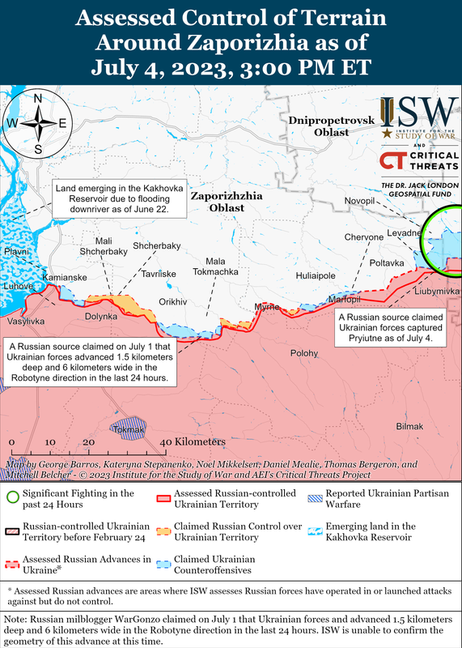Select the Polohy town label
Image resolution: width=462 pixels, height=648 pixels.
tap(304, 353)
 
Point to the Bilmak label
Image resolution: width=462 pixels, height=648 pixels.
tap(409, 426)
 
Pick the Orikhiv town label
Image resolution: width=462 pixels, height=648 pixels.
tap(172, 301)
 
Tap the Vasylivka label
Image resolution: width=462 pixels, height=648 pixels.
tap(26, 322)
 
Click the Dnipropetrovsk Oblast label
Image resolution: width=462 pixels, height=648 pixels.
tap(332, 126)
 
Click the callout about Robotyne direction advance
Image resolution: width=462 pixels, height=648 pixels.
tap(89, 362)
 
